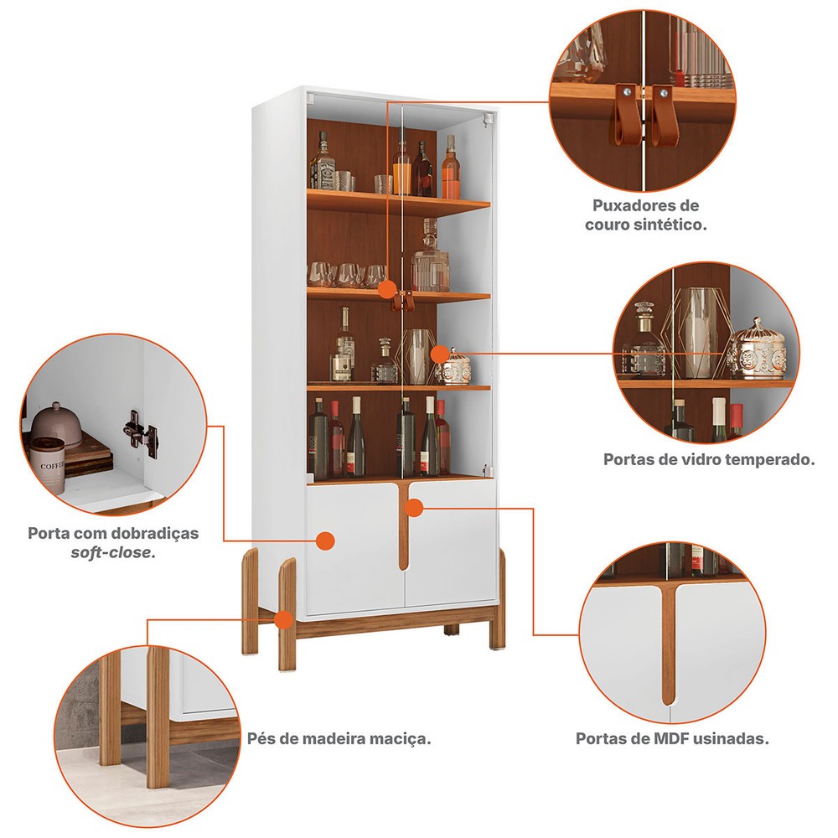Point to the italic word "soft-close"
[113, 552]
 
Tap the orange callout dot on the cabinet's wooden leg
[283, 620]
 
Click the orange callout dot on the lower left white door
[325, 541]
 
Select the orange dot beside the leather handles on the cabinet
[386, 290]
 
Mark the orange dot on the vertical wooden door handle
[414, 508]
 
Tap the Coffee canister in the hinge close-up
[47, 464]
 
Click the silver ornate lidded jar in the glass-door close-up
[758, 350]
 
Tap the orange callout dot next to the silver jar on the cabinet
[439, 354]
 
